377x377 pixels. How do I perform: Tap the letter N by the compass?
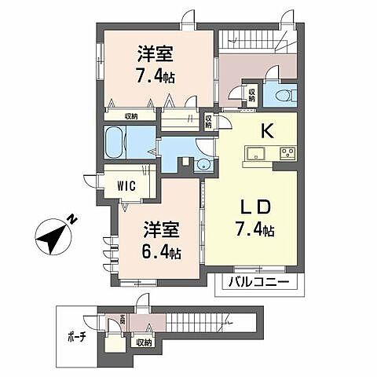pyautogui.click(x=71, y=219)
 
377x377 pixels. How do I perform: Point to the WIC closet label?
pyautogui.click(x=128, y=185)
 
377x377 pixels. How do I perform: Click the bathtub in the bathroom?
pyautogui.click(x=121, y=143)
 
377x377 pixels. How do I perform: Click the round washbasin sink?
pyautogui.click(x=203, y=164)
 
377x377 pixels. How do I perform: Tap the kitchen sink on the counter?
pyautogui.click(x=256, y=152)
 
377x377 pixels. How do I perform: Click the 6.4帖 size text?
pyautogui.click(x=163, y=254)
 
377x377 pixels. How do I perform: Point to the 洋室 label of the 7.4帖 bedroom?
pyautogui.click(x=155, y=54)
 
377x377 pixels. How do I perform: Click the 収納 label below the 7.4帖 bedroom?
pyautogui.click(x=130, y=116)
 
